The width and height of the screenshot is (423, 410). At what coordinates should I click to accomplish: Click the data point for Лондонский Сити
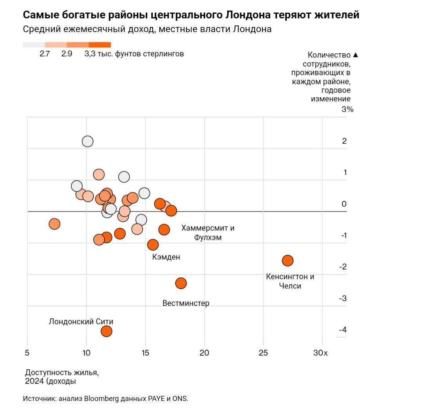(x=107, y=331)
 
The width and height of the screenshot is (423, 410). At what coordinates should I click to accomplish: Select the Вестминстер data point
(x=181, y=283)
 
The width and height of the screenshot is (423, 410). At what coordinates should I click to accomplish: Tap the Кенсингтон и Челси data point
(x=288, y=261)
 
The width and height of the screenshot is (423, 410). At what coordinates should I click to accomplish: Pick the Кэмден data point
(x=153, y=245)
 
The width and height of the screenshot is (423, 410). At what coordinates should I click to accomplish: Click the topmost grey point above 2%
(x=88, y=141)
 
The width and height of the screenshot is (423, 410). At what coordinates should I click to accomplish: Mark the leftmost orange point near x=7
(x=54, y=224)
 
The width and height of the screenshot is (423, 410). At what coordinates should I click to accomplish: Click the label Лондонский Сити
(x=81, y=322)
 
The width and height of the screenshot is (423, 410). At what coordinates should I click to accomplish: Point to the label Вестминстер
(x=186, y=303)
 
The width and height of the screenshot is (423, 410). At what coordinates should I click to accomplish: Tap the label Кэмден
(x=166, y=257)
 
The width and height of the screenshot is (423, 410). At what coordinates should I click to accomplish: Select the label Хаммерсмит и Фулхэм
(x=208, y=232)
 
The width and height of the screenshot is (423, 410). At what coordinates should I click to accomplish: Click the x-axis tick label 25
(x=263, y=353)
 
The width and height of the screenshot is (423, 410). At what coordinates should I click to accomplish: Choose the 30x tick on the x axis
(x=321, y=353)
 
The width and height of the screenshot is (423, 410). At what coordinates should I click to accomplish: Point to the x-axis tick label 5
(x=27, y=353)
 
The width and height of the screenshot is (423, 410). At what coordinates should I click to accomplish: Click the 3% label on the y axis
(x=347, y=109)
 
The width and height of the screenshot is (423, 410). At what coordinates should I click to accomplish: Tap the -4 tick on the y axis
(x=343, y=330)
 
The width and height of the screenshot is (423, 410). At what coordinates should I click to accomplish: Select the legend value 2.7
(x=45, y=54)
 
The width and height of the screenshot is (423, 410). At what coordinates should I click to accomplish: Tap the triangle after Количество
(x=355, y=55)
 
